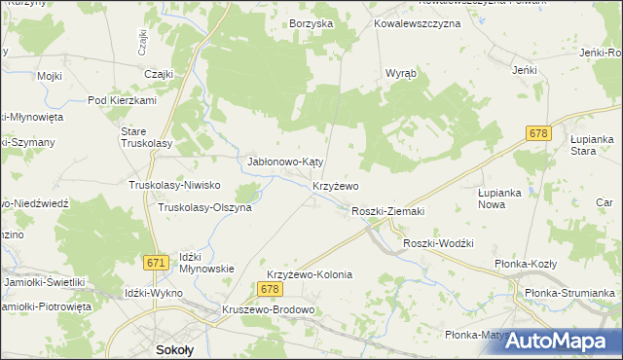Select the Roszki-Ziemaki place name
pyautogui.click(x=388, y=210)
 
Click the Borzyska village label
pyautogui.click(x=311, y=22)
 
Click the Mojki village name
pyautogui.click(x=50, y=75)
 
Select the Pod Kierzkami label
pyautogui.click(x=122, y=100)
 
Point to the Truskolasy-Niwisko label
pyautogui.click(x=175, y=185)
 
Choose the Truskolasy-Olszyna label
pyautogui.click(x=204, y=207)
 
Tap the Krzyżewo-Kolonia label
pyautogui.click(x=309, y=275)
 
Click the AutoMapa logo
pyautogui.click(x=556, y=341)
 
